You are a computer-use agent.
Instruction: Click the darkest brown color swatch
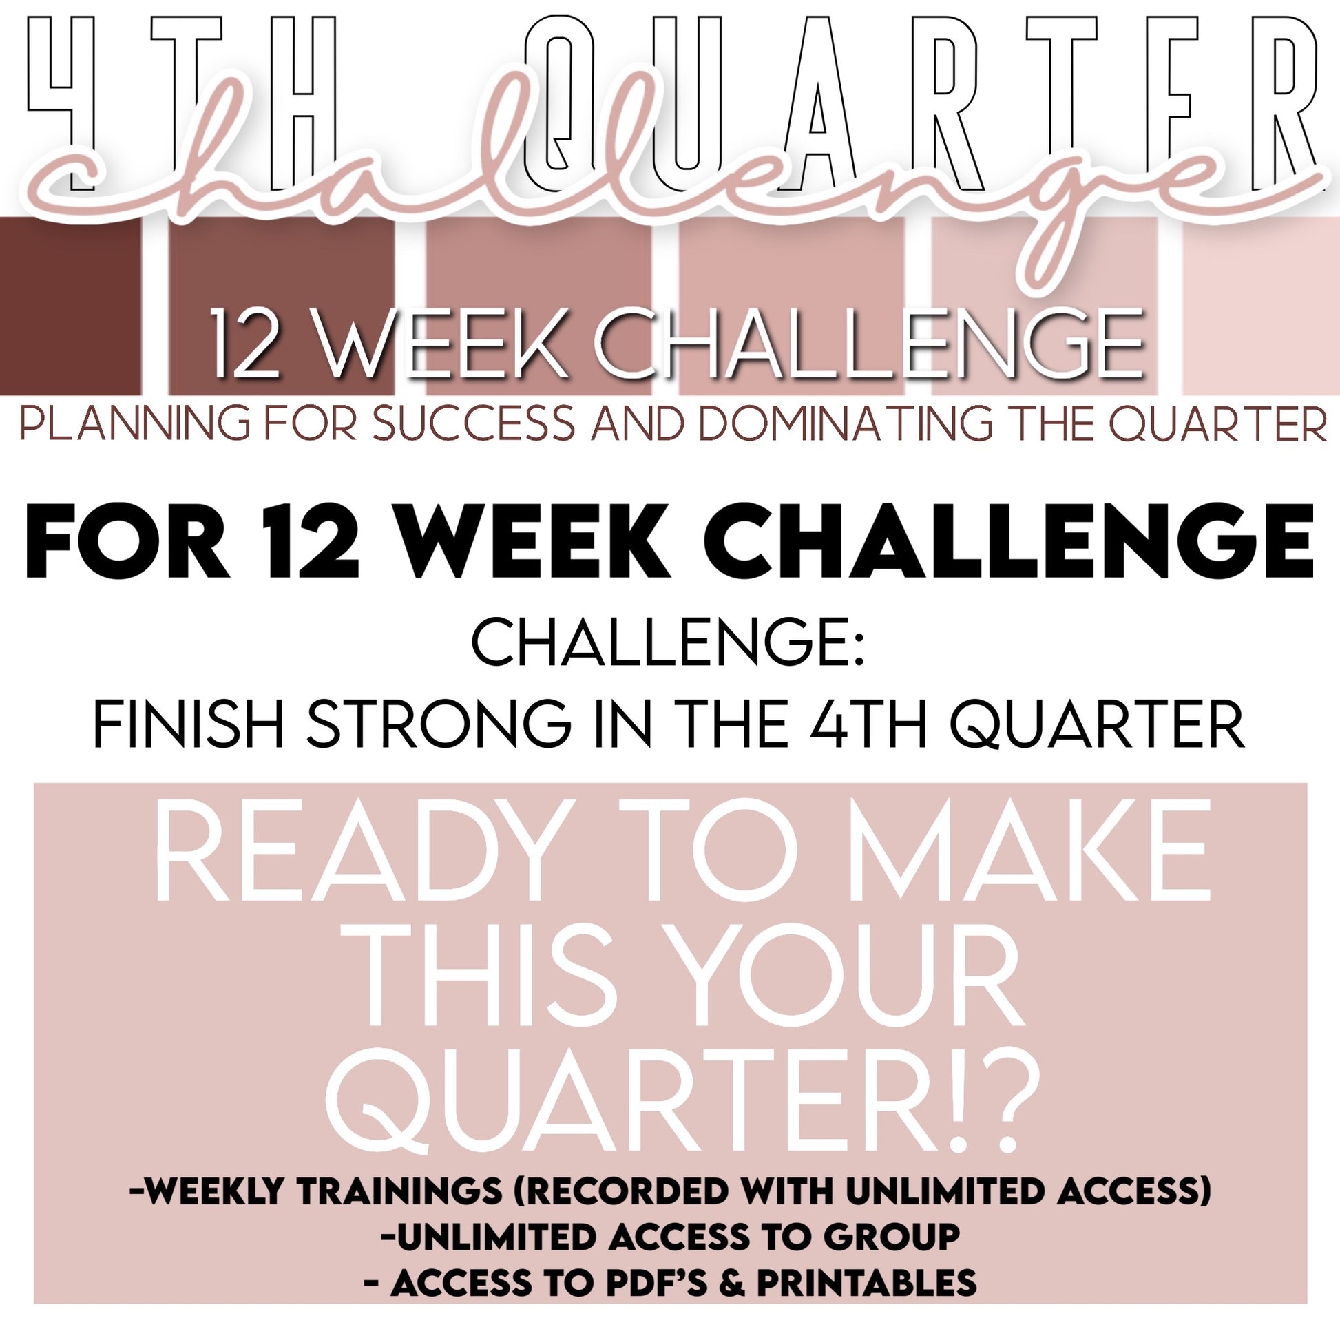[x=70, y=305]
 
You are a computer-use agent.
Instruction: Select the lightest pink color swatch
[x=1261, y=305]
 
